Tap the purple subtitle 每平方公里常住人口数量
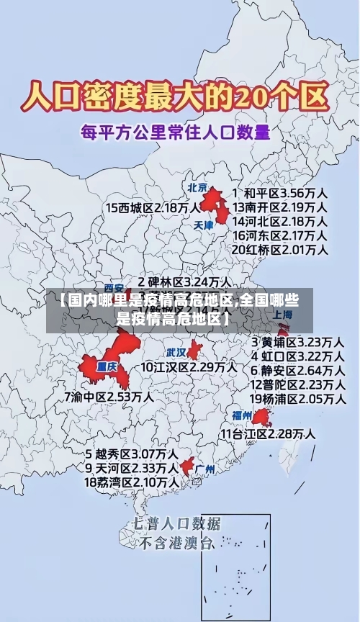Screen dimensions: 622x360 [175, 132]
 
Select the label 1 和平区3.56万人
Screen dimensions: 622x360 [281, 193]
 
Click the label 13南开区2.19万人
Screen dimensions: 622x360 [280, 207]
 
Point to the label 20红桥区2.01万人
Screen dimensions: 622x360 [280, 250]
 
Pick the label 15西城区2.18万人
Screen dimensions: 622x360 [153, 207]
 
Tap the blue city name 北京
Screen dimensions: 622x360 [198, 187]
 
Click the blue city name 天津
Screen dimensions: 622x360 [204, 225]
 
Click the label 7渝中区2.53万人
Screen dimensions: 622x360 [109, 396]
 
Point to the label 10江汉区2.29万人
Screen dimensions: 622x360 [188, 367]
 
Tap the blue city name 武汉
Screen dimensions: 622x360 [176, 353]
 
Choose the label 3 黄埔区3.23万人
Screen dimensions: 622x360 [297, 341]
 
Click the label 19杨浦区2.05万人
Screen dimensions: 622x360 [297, 398]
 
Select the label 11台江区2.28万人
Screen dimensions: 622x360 [268, 433]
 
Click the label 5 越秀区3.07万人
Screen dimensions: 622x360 [132, 454]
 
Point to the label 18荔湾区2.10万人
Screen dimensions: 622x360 [132, 482]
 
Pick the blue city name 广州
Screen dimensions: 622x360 [205, 469]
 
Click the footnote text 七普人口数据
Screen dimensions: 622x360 [176, 523]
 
